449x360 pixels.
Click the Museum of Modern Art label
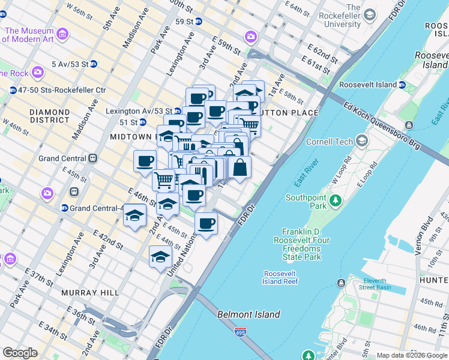(29, 35)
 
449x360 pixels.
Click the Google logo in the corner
(20, 353)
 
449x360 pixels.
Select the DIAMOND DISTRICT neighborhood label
(49, 116)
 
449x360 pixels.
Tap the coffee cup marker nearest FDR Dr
(206, 224)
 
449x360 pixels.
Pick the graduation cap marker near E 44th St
(160, 257)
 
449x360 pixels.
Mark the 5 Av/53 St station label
(70, 64)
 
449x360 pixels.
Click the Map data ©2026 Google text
(411, 355)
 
